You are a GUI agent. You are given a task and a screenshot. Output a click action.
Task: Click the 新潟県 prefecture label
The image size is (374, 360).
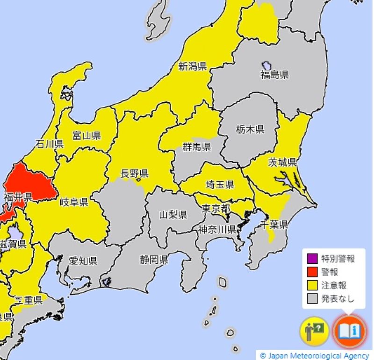192,66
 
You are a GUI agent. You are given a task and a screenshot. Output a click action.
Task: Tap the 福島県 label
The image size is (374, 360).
274,75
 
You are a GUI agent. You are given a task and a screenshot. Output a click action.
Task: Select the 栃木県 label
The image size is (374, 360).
250,129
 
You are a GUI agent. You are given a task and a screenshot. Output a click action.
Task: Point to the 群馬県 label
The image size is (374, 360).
196,148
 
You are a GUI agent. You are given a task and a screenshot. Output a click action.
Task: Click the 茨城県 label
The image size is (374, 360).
283,162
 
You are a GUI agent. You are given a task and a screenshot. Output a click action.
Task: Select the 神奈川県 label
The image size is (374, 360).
217,229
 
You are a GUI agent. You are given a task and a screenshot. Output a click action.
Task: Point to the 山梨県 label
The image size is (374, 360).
173,215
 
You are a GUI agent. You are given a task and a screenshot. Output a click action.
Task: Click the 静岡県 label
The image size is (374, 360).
154,260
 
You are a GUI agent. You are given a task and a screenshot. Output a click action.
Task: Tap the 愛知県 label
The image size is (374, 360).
83,261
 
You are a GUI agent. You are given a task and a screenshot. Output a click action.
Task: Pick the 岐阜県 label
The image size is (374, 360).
74,202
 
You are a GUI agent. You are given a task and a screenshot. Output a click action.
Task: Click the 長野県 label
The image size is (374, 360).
134,174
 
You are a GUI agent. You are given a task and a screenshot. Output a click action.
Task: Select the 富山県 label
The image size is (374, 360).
86,136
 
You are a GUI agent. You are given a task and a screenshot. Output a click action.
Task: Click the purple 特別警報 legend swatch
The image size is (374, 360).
312,259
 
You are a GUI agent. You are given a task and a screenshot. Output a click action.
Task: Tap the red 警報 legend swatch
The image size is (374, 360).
312,272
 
